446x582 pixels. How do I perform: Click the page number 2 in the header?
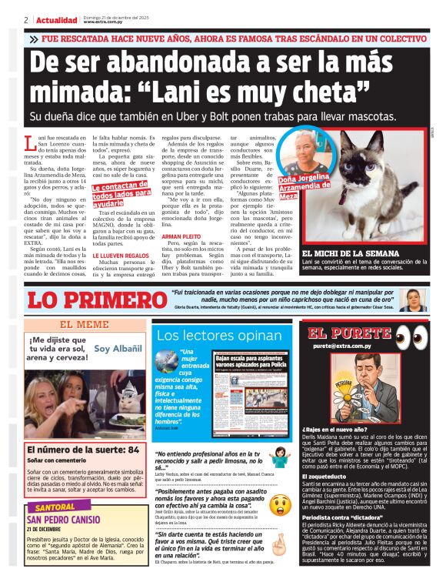click(x=26, y=20)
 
